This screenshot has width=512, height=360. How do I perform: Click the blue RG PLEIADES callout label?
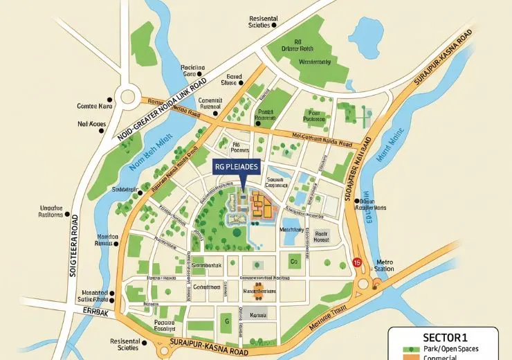237,168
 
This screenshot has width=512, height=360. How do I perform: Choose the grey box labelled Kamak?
257,315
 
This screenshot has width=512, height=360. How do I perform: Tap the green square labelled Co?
293,262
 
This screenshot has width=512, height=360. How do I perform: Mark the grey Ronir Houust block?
321,237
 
